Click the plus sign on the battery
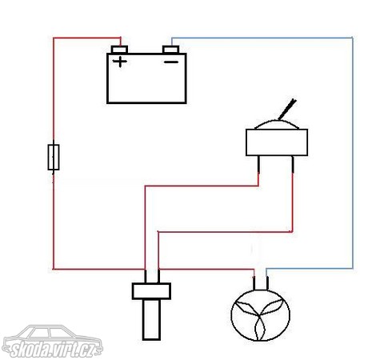coord(120,62)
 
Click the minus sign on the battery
coord(171,62)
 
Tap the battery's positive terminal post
coord(119,50)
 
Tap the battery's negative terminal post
coord(170,50)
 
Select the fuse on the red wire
coord(54,157)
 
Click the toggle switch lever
coord(287,110)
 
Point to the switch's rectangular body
coord(277,142)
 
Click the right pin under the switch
coord(293,164)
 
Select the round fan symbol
coord(261,315)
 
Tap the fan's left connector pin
coord(254,283)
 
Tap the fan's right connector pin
coord(267,283)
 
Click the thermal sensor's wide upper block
coord(151,291)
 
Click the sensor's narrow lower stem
coord(151,320)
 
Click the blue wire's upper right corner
coord(353,38)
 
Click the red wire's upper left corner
coord(54,38)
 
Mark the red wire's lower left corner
coord(54,269)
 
